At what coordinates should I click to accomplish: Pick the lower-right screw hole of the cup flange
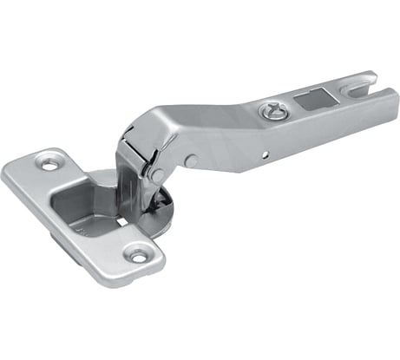137,254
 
